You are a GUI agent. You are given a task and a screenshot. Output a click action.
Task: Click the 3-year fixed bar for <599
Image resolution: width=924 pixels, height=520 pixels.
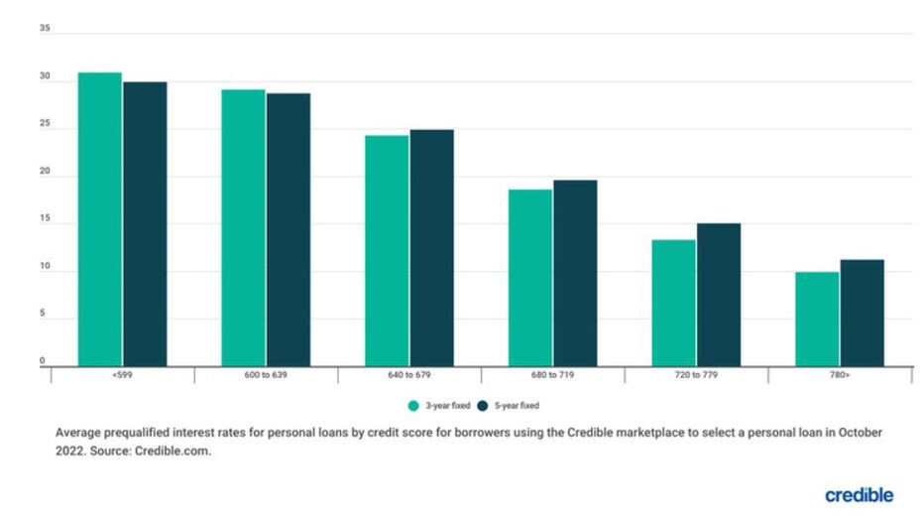coord(100,219)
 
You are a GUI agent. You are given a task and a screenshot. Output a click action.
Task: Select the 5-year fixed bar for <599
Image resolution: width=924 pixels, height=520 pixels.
coord(145,224)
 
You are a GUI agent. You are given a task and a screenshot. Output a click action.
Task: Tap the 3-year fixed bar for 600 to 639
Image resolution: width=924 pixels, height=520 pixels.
coord(243,228)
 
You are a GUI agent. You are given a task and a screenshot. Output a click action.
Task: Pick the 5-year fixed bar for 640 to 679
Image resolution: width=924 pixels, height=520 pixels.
coord(431,248)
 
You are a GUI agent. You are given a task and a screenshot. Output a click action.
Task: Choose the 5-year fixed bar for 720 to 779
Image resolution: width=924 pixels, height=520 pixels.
coord(718,295)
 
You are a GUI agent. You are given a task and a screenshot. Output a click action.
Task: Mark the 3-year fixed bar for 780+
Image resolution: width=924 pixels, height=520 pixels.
coord(817,319)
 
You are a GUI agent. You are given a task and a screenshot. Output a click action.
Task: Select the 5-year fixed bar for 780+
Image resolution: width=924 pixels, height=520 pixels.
coord(862,313)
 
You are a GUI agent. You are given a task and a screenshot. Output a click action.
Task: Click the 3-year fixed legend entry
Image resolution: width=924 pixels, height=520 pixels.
coord(437,406)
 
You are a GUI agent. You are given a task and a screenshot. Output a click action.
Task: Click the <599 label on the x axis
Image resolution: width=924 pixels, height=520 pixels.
coord(122,375)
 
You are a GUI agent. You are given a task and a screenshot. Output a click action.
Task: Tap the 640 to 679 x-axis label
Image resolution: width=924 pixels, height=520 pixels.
coord(409,375)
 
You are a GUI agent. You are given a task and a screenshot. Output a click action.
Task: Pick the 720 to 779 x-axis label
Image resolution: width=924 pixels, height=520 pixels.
coord(696,375)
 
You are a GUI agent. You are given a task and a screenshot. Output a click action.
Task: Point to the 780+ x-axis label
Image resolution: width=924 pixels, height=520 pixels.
coord(840,375)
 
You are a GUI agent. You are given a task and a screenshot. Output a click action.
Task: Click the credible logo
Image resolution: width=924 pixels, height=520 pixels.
coord(859,494)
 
